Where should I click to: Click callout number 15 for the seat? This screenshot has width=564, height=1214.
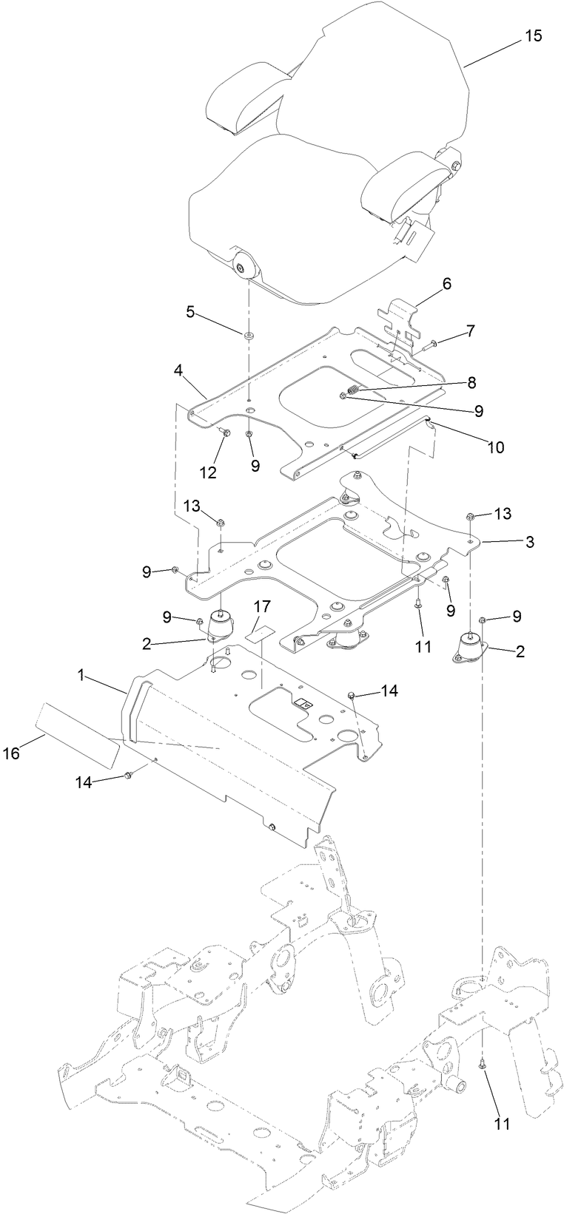click(x=533, y=35)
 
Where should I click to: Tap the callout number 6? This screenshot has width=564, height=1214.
click(x=446, y=284)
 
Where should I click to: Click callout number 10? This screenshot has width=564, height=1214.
click(x=494, y=447)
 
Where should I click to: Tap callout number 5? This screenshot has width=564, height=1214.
click(x=190, y=312)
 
